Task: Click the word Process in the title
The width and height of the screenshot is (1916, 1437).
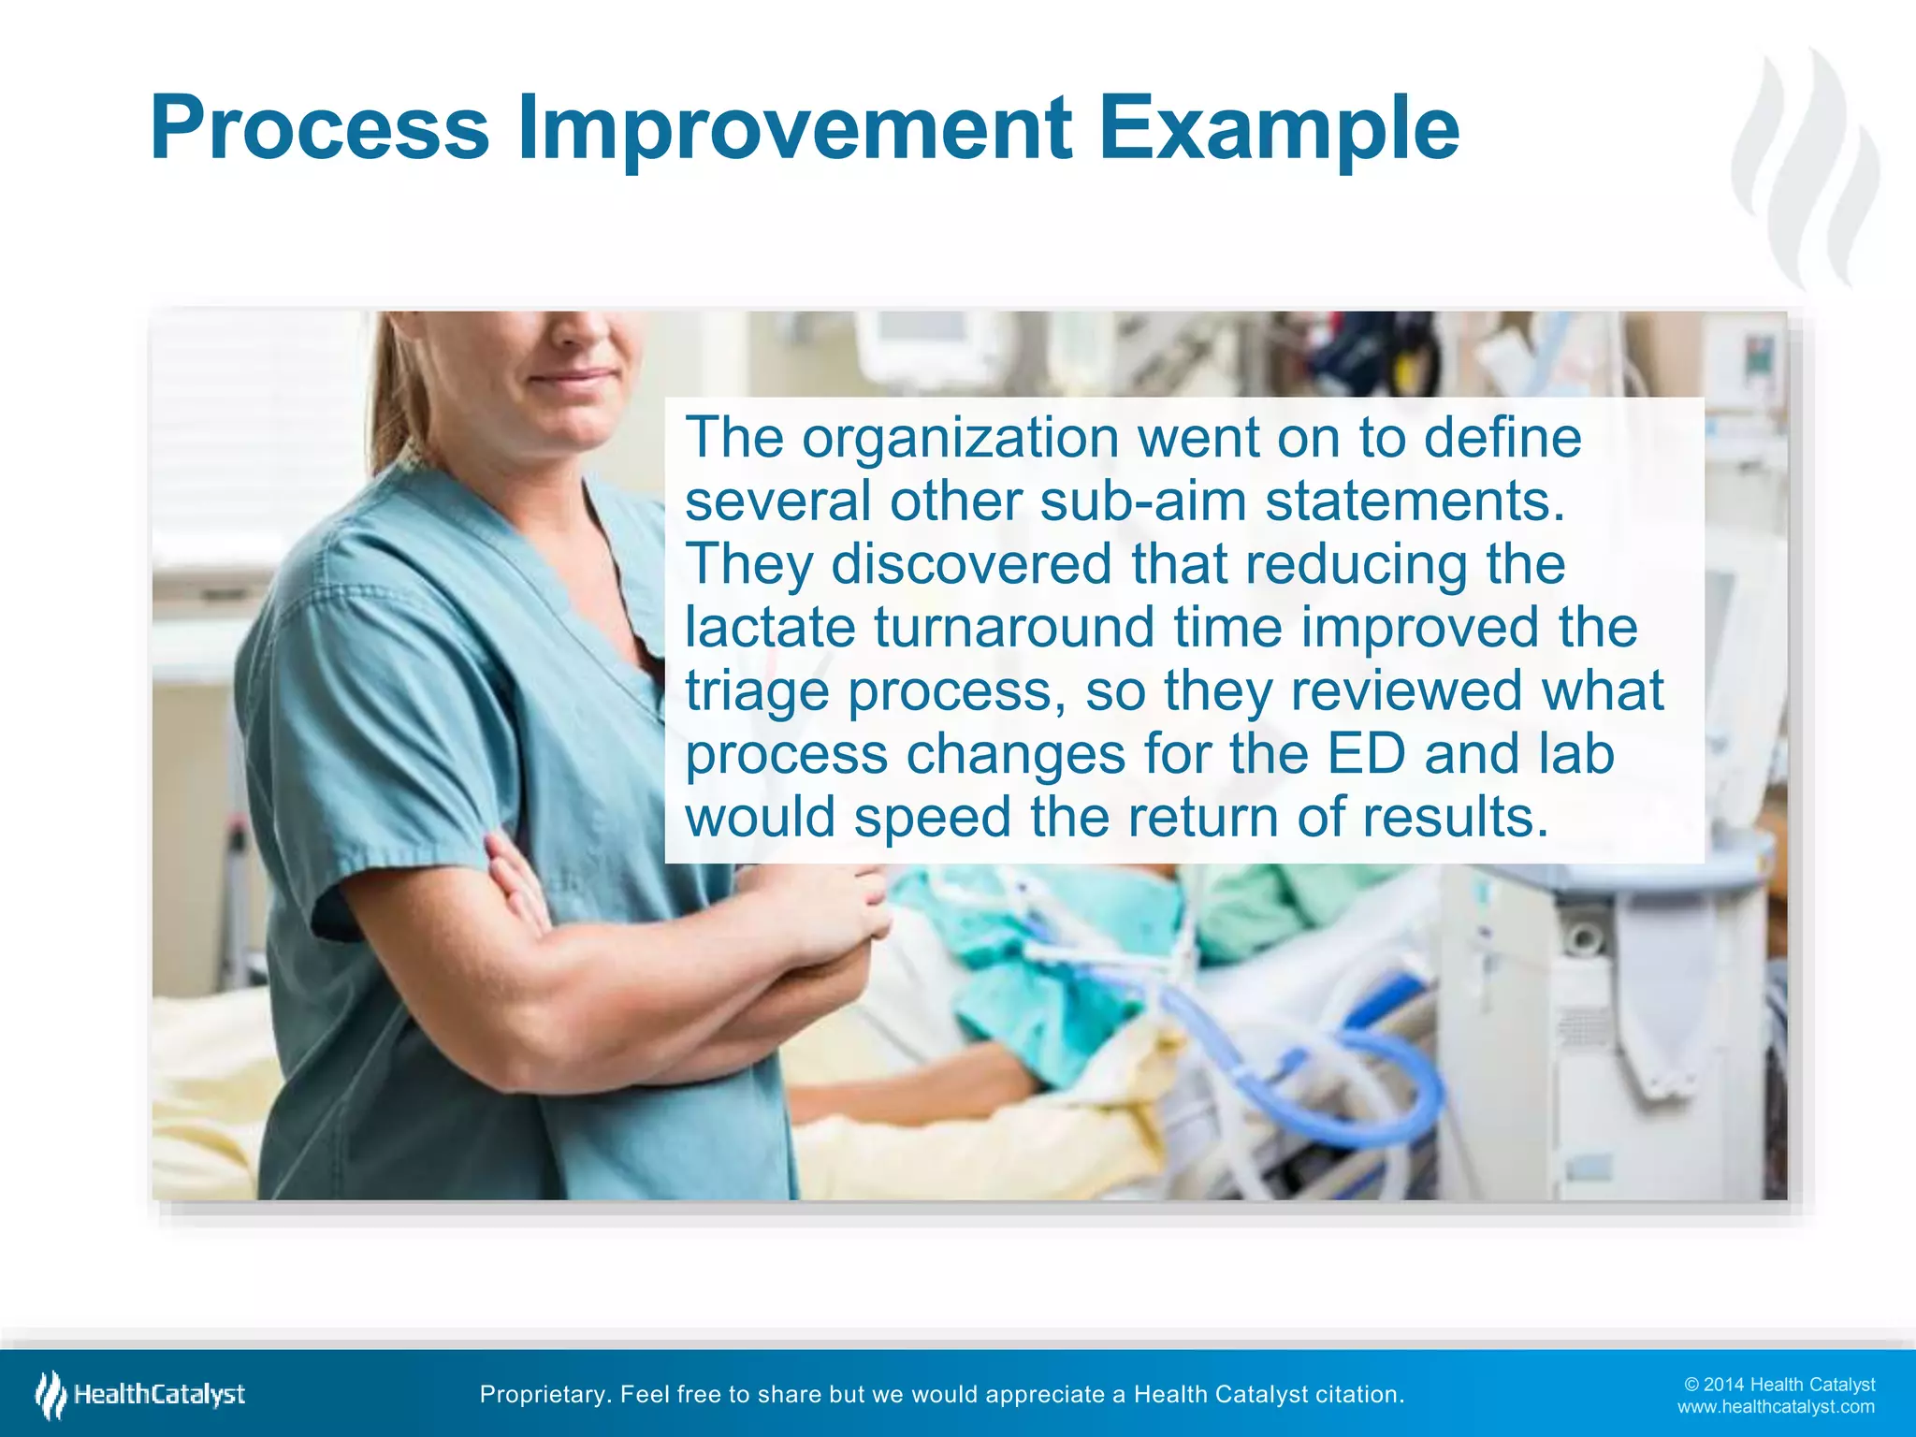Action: [319, 129]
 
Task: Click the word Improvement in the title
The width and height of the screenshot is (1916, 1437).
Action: [793, 129]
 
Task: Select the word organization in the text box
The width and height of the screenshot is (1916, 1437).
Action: [960, 438]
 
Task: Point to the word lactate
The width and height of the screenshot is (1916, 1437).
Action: [770, 627]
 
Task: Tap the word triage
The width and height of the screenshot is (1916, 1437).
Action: [757, 691]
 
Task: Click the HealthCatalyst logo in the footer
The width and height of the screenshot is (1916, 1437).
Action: [140, 1395]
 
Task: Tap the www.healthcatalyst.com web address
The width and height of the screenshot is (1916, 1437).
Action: [1775, 1407]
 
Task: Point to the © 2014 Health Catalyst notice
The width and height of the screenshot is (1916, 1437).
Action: [1778, 1385]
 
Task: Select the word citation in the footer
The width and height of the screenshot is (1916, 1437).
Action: [1359, 1395]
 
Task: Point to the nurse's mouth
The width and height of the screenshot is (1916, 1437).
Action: [571, 378]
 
